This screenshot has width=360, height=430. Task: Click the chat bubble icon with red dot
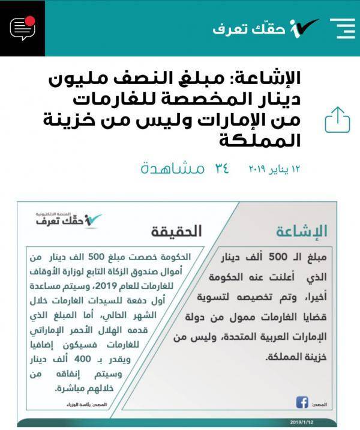click(23, 28)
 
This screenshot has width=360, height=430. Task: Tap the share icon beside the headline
click(337, 120)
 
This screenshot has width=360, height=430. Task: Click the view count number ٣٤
click(221, 169)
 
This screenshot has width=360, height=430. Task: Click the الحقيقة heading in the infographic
click(176, 231)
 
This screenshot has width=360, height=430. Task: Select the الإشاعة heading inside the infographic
click(302, 231)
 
